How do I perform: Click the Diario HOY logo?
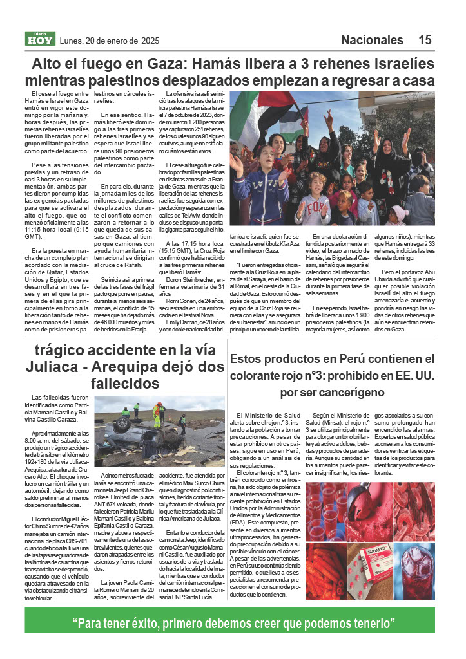coord(41,39)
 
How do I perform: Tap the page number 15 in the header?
coord(424,40)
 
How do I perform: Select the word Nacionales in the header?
coord(372,40)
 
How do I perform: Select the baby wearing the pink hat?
coord(398,213)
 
